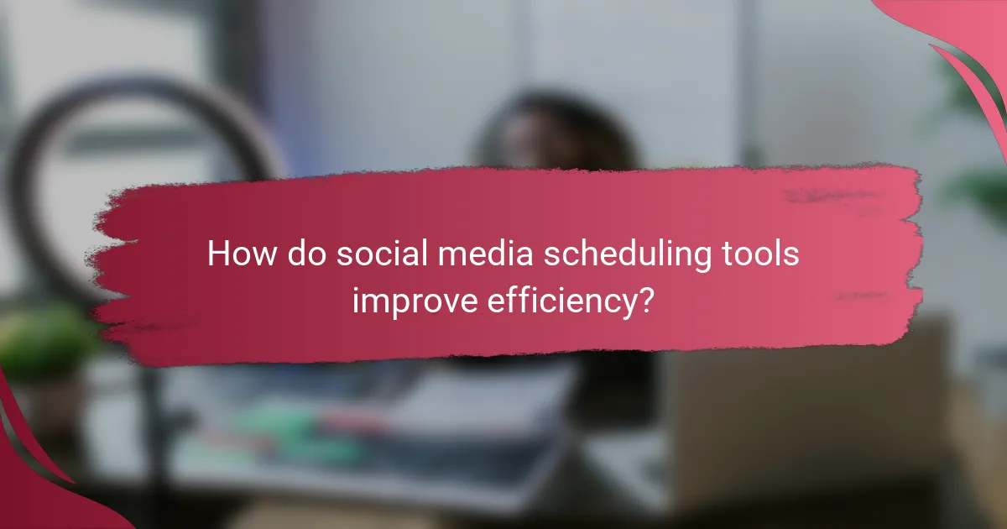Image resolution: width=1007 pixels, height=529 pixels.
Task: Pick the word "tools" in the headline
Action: pos(760,254)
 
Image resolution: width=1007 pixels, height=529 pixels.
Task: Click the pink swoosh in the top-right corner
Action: pos(965,42)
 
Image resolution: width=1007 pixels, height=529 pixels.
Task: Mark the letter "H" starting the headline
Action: pos(217,254)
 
